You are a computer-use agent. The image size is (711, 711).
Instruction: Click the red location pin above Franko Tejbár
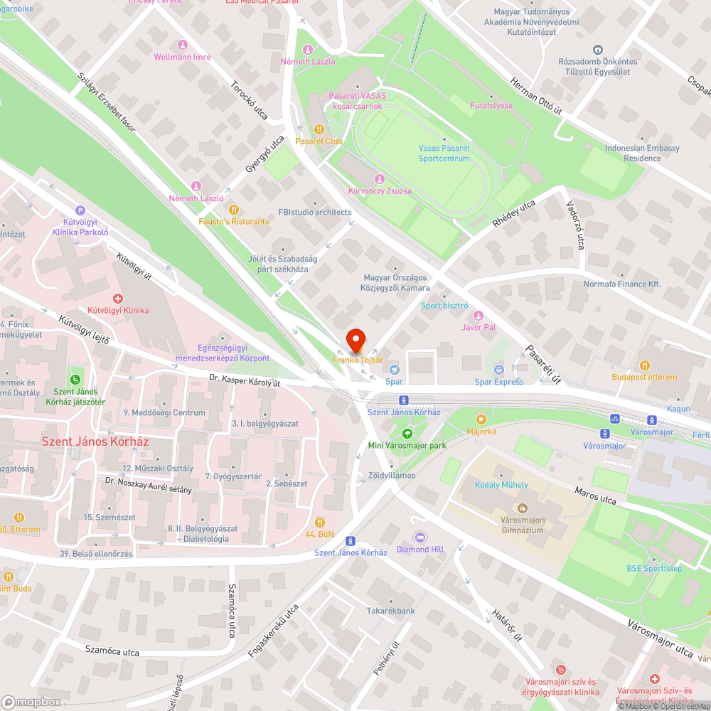[355, 339]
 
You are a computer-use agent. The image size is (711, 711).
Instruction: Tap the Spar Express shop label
[499, 382]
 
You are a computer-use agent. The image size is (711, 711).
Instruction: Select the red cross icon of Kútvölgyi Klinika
[118, 299]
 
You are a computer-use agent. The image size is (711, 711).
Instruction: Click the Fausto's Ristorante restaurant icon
[234, 210]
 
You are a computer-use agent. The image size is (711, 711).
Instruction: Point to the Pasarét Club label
[319, 141]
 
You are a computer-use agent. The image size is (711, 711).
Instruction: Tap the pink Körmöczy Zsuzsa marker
[380, 179]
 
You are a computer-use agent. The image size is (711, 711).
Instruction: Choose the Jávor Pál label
[479, 327]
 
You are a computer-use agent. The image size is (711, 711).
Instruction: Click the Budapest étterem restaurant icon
[645, 365]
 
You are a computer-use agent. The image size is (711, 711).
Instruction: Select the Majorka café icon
[481, 419]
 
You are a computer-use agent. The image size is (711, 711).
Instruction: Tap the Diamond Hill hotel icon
[420, 538]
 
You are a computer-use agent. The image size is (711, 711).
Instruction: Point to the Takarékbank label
[390, 611]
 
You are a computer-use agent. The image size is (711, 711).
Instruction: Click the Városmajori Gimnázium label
[522, 525]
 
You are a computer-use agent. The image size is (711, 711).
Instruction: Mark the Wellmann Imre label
[183, 57]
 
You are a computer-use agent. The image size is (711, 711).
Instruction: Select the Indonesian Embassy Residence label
[642, 153]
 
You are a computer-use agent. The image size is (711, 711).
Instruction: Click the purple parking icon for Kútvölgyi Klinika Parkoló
[80, 210]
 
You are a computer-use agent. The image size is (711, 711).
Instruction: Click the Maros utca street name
[594, 496]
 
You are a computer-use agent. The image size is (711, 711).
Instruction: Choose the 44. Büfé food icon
[320, 522]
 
